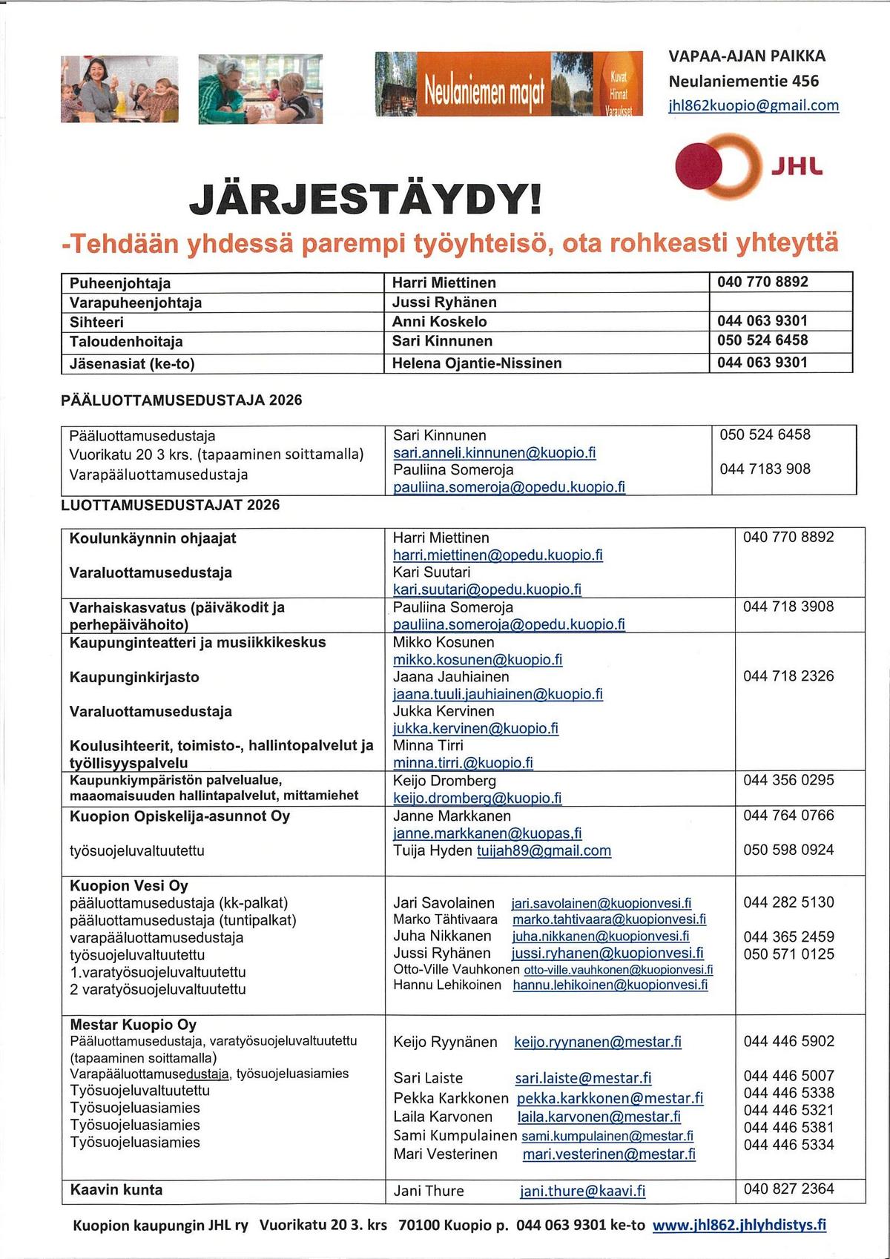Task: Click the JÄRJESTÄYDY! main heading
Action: click(366, 199)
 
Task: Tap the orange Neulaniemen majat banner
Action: click(509, 85)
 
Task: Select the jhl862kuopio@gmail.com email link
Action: click(754, 105)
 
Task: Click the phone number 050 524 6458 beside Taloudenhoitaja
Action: click(762, 340)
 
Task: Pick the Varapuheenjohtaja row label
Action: click(136, 303)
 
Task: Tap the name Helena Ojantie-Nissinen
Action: click(477, 363)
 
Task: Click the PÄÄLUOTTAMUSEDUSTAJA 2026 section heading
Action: click(182, 400)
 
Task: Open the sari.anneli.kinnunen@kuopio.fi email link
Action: click(494, 453)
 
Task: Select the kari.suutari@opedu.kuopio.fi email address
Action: click(487, 589)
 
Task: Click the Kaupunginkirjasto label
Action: click(134, 677)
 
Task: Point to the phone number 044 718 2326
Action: click(788, 676)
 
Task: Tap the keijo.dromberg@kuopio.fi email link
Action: click(477, 799)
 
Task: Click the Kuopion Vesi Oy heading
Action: click(129, 886)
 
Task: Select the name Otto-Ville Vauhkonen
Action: click(456, 970)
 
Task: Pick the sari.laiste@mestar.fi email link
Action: click(583, 1078)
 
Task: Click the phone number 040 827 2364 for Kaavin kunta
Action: click(788, 1189)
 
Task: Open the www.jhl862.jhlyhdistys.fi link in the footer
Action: click(739, 1225)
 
